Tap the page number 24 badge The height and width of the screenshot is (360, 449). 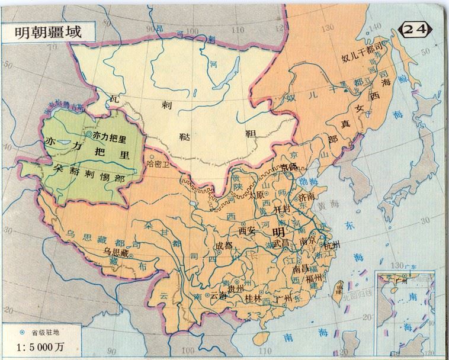point(418,29)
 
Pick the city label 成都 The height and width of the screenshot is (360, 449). point(224,244)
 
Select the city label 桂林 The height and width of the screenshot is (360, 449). point(254,298)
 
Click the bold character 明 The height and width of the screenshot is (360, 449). point(278,231)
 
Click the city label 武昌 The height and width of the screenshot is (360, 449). point(283,243)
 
